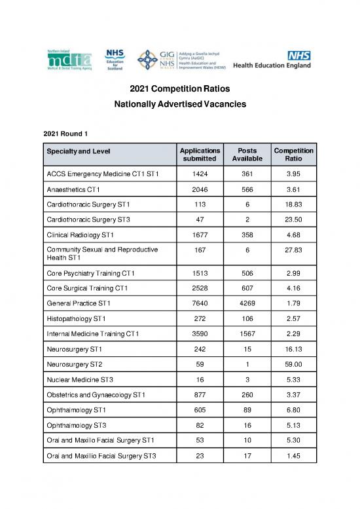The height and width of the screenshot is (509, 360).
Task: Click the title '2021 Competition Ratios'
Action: click(179, 89)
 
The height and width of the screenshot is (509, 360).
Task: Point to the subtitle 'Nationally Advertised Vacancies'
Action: click(179, 104)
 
